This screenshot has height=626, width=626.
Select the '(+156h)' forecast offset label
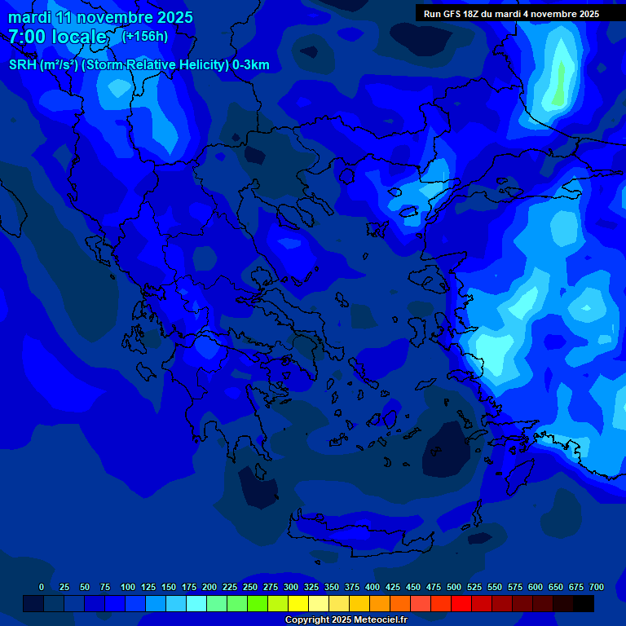click(x=144, y=36)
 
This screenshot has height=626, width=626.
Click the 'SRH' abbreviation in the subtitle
click(x=22, y=65)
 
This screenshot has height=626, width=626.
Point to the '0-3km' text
click(x=251, y=65)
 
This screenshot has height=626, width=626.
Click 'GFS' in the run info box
click(x=456, y=14)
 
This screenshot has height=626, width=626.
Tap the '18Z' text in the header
click(x=479, y=14)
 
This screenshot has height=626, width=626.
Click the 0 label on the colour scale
click(x=42, y=587)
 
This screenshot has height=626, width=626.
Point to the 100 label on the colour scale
click(x=128, y=587)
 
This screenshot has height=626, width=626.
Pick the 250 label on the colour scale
click(x=250, y=587)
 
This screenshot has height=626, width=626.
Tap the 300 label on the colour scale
click(x=291, y=587)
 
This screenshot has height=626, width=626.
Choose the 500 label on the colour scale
click(x=454, y=587)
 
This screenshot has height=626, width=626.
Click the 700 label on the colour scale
click(x=597, y=587)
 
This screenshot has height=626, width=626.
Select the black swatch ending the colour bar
click(x=583, y=603)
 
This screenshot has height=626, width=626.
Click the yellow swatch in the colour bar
click(x=298, y=603)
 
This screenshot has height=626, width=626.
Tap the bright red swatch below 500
click(x=461, y=603)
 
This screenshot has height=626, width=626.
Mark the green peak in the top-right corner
click(x=558, y=86)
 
